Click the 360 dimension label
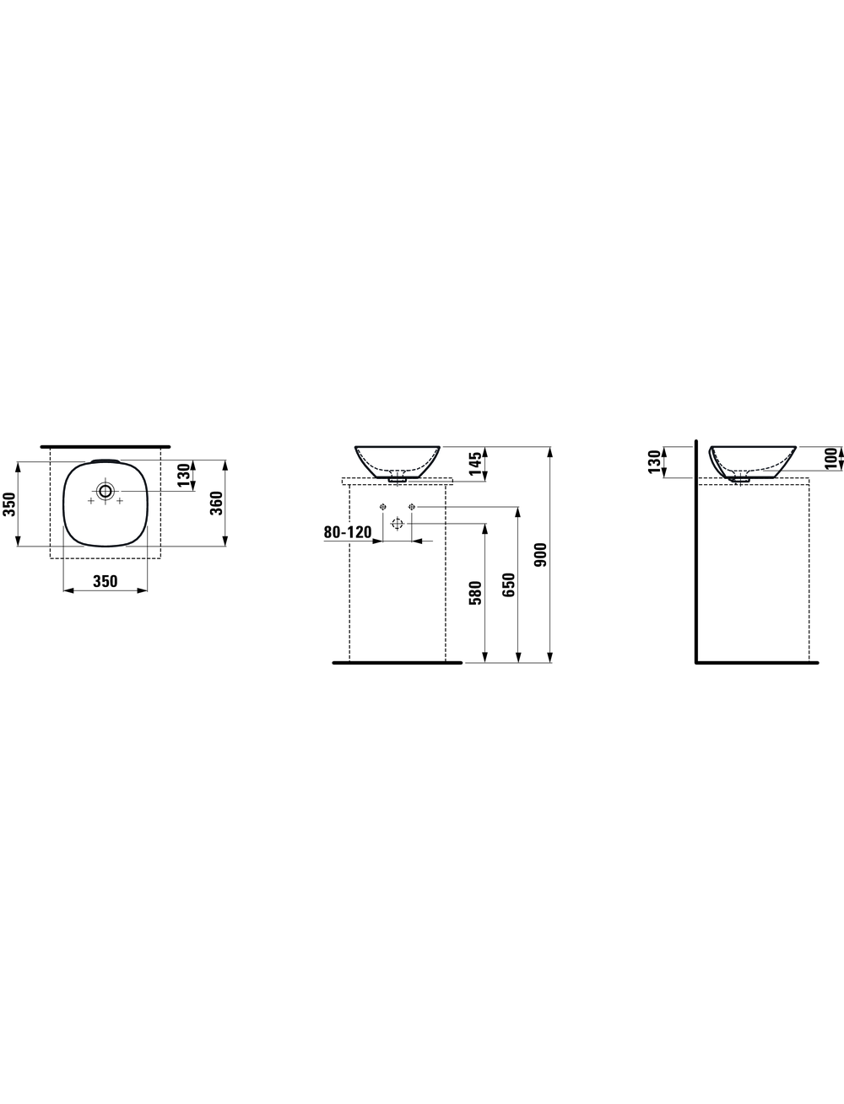click(x=216, y=503)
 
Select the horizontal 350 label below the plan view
click(x=105, y=581)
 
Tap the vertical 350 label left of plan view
click(x=9, y=504)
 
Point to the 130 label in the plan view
click(x=184, y=476)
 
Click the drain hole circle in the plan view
click(x=105, y=491)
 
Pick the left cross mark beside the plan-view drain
click(x=90, y=500)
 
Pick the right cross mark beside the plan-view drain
click(x=120, y=500)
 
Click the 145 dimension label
click(x=475, y=463)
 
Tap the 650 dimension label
click(x=509, y=584)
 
